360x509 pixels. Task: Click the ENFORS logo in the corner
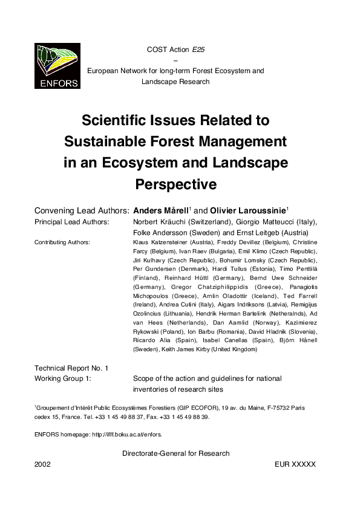tap(57, 66)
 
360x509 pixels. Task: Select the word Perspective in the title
tap(175, 183)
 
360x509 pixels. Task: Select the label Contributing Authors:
tap(62, 242)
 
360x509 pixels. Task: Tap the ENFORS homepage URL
tap(126, 434)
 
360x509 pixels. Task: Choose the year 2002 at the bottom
tap(44, 464)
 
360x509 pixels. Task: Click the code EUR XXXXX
tap(295, 464)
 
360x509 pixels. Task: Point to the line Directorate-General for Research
tap(175, 453)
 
